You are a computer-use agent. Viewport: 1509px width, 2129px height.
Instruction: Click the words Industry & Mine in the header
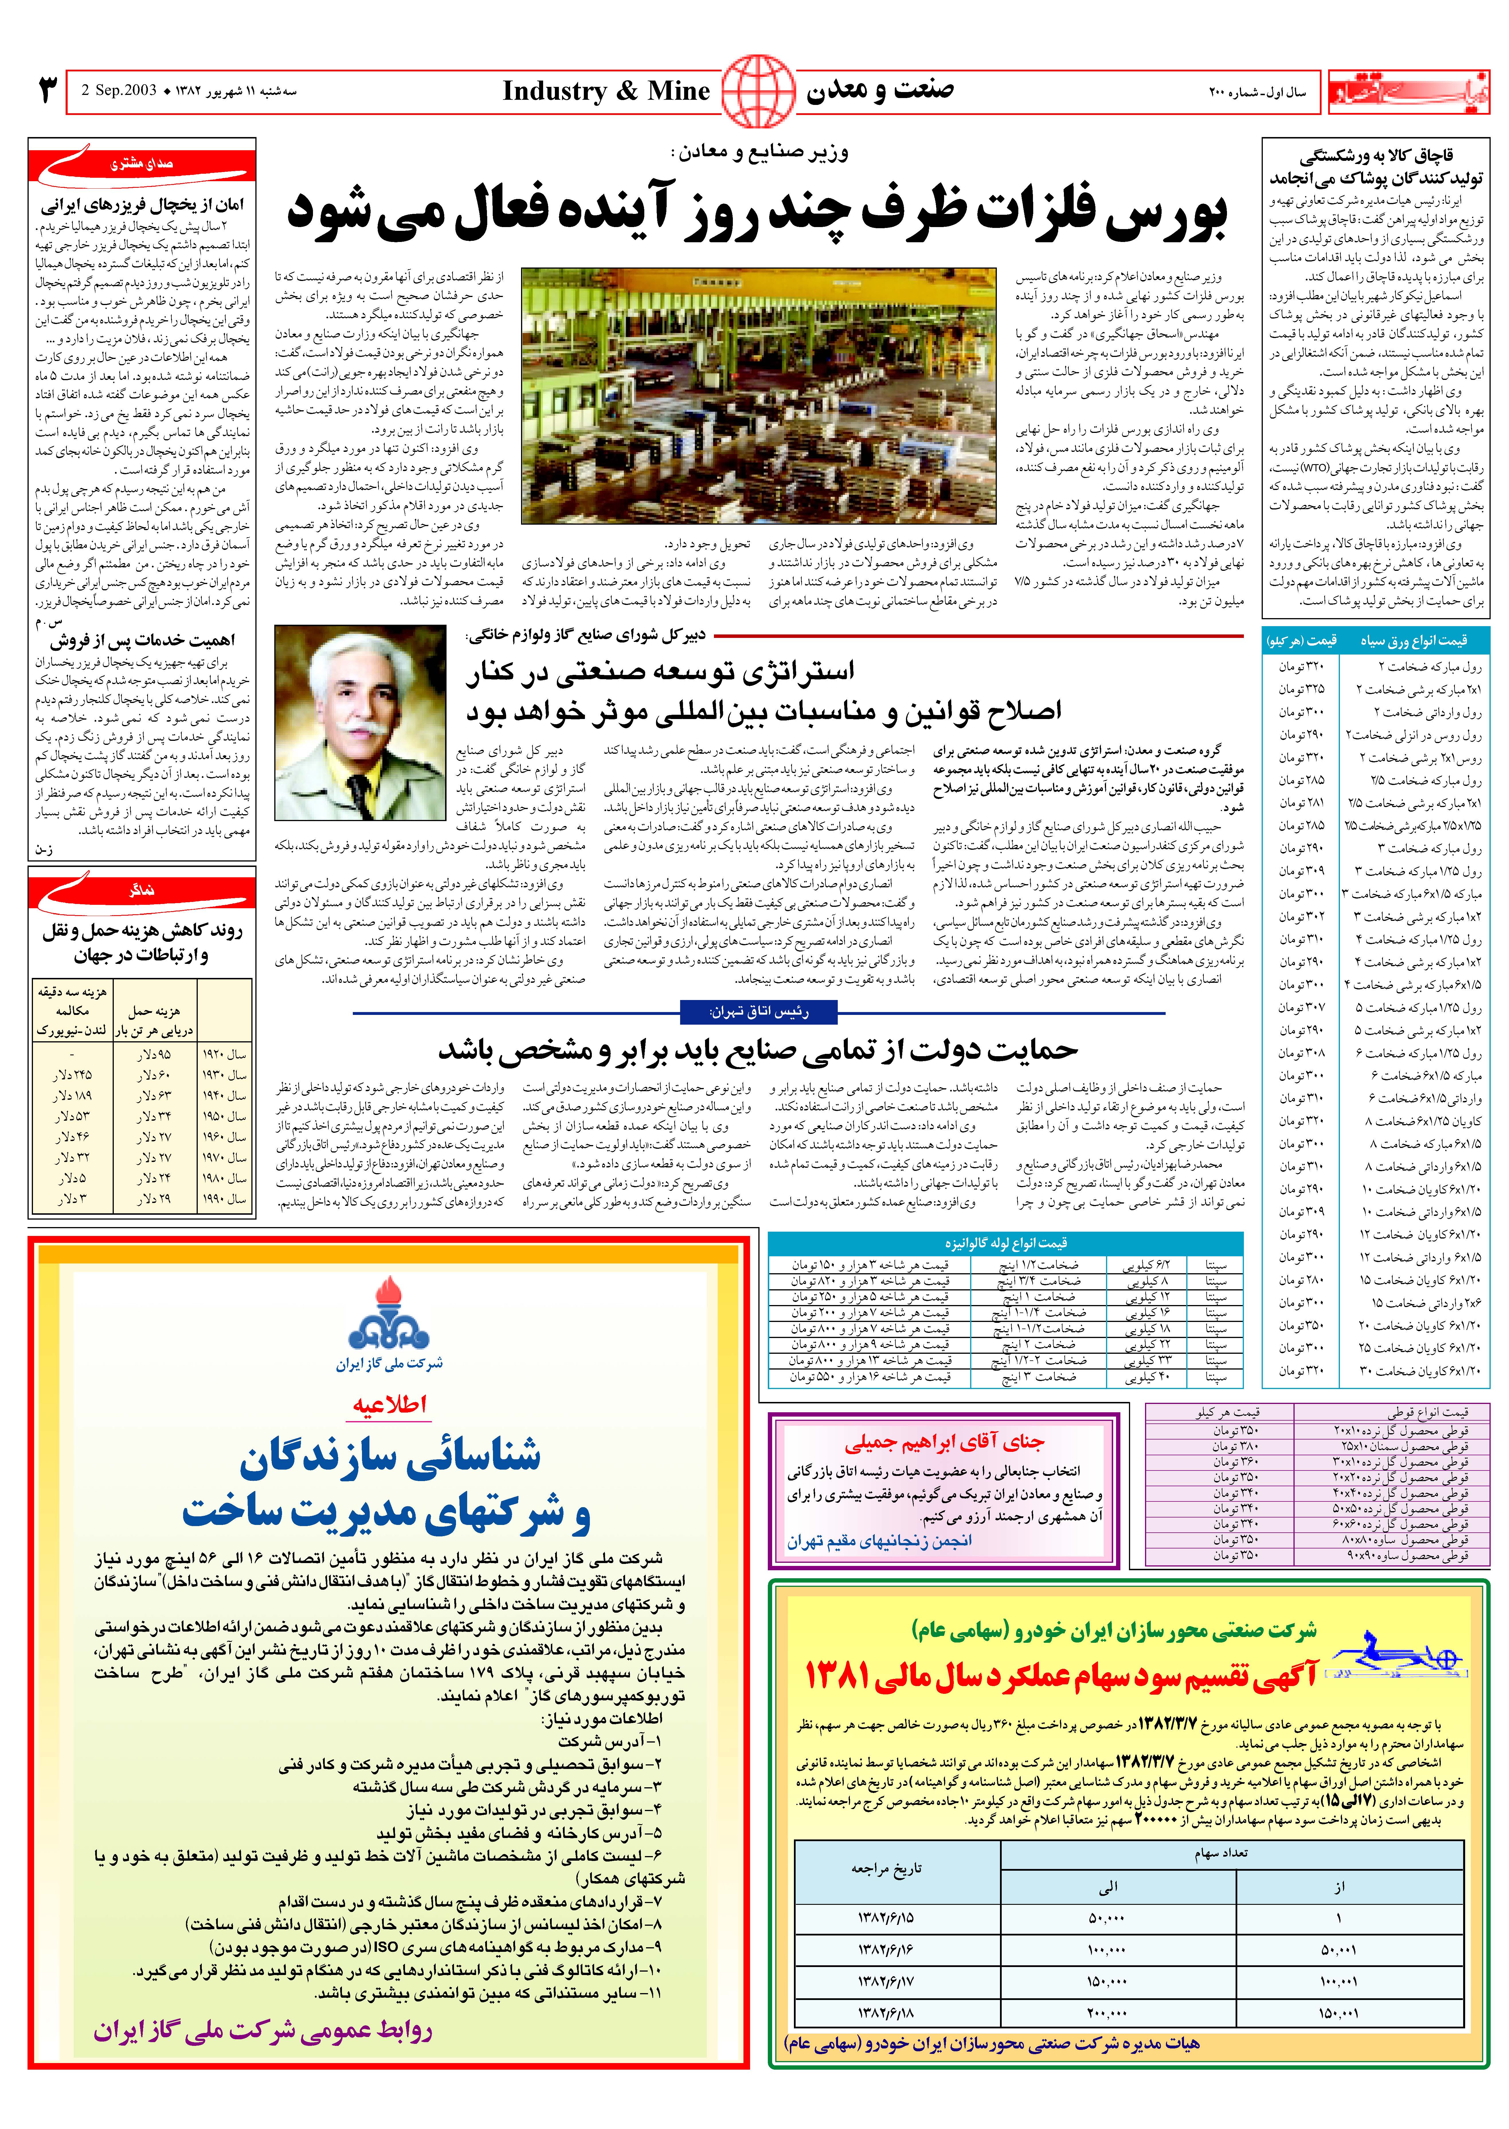(606, 91)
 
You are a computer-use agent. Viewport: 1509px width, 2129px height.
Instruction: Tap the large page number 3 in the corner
(46, 91)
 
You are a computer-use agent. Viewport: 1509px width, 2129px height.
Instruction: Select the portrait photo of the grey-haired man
(361, 723)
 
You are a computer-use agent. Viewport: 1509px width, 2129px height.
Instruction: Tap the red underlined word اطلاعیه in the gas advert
(389, 1404)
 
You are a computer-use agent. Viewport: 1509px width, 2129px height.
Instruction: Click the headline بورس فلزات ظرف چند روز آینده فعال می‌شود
(757, 212)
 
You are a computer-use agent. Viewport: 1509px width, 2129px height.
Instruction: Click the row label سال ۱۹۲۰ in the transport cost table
(226, 1055)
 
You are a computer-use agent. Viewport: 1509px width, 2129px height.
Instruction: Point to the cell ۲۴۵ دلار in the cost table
(73, 1075)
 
